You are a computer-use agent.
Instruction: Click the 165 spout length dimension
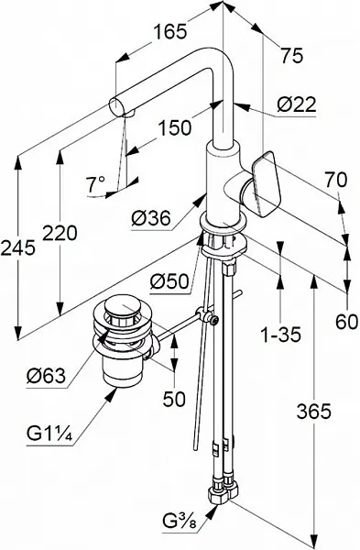pyautogui.click(x=170, y=32)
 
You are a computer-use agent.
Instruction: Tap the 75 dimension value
pyautogui.click(x=292, y=55)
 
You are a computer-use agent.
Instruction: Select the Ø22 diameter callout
pyautogui.click(x=297, y=104)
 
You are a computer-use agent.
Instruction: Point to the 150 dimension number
pyautogui.click(x=175, y=127)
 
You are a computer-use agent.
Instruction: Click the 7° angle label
pyautogui.click(x=95, y=184)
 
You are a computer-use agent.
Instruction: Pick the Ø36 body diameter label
pyautogui.click(x=151, y=219)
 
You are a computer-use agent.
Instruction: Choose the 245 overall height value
pyautogui.click(x=18, y=248)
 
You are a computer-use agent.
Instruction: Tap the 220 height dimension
pyautogui.click(x=60, y=233)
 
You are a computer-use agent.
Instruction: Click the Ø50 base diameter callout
pyautogui.click(x=169, y=281)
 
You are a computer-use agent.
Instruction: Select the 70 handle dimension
pyautogui.click(x=335, y=180)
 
